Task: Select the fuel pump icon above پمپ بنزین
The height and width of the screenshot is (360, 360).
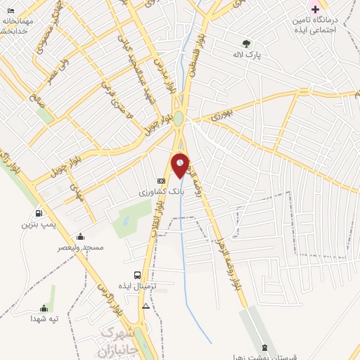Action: pyautogui.click(x=38, y=213)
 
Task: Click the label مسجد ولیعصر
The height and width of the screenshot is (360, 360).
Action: pyautogui.click(x=81, y=247)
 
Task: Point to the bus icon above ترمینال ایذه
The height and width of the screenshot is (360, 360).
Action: pyautogui.click(x=136, y=276)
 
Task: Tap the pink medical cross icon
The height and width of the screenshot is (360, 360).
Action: pyautogui.click(x=315, y=10)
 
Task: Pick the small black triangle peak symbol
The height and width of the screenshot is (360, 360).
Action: pyautogui.click(x=146, y=307)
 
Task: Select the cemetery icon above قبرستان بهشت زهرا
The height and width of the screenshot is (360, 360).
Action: pyautogui.click(x=264, y=347)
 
